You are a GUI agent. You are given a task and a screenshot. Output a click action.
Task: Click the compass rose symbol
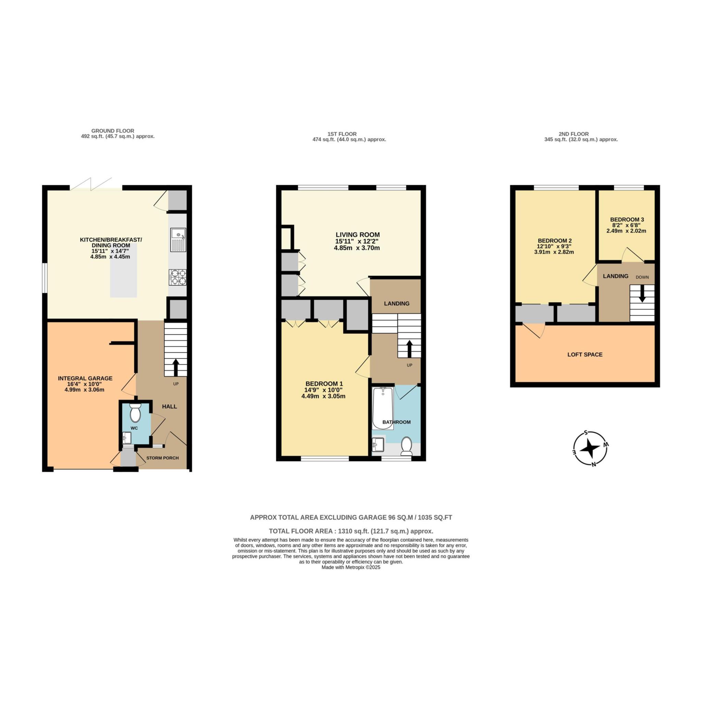(590, 449)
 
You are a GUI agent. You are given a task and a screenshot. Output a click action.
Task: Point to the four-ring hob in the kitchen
(178, 277)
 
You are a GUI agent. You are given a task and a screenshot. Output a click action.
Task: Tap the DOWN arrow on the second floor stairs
(642, 294)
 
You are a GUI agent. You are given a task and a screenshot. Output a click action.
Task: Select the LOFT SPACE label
(585, 354)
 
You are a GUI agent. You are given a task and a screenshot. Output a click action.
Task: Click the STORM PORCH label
(162, 458)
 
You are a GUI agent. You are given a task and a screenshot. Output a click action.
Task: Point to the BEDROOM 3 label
(627, 219)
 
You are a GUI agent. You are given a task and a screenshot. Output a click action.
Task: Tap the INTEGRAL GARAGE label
(85, 378)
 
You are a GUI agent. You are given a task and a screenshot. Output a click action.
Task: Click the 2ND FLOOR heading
(573, 134)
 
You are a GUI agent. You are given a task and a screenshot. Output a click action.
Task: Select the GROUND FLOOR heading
(113, 131)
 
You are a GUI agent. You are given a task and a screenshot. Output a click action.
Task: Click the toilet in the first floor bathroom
(406, 447)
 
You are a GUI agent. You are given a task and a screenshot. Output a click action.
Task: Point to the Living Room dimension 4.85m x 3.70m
(357, 248)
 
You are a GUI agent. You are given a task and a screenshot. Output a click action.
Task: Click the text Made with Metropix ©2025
(351, 567)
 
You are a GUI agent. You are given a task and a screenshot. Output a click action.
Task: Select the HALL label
(169, 406)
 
